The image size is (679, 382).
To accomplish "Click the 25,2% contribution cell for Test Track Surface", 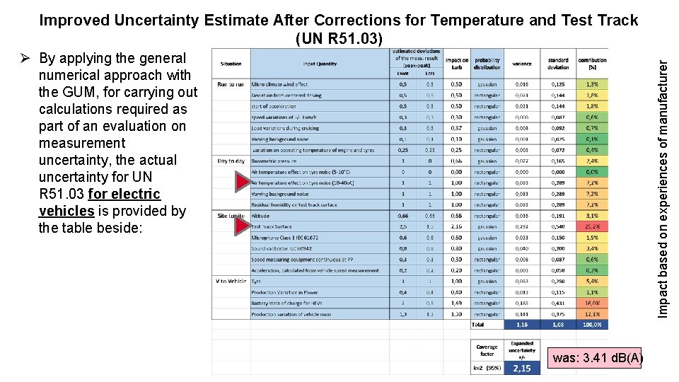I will [593, 227].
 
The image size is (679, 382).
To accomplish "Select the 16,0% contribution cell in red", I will [593, 303].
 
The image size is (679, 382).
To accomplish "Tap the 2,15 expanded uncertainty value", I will [521, 369].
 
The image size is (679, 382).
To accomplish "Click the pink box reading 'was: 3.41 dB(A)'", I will [596, 358].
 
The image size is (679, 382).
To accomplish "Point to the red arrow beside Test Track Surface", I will [243, 226].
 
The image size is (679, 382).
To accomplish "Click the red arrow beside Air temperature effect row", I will [243, 183].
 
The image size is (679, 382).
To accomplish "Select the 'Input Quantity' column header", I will [320, 64].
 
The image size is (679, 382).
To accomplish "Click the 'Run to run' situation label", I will [231, 84].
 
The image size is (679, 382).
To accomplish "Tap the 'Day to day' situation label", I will [231, 161].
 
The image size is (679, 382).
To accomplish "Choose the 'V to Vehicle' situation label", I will [231, 281].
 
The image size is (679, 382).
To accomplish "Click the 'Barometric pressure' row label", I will [275, 161].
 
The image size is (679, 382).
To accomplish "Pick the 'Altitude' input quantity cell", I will [261, 216].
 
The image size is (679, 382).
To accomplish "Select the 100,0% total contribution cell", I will [593, 325].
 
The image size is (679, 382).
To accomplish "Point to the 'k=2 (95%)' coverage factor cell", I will [487, 369].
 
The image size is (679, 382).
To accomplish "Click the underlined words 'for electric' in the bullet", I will [124, 194].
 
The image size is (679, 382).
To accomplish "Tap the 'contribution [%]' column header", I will [593, 64].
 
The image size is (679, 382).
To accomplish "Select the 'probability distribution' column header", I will [487, 64].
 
